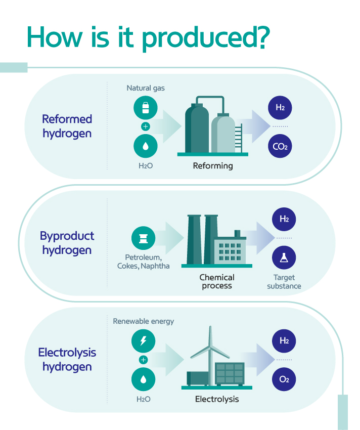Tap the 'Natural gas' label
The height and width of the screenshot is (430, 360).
click(x=146, y=88)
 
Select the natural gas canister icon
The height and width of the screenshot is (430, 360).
click(x=146, y=108)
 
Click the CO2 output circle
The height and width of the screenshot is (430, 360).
click(x=280, y=147)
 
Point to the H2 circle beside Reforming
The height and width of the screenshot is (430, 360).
click(x=280, y=108)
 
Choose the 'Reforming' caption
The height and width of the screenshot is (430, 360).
click(x=213, y=165)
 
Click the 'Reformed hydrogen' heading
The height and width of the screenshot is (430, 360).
click(x=67, y=126)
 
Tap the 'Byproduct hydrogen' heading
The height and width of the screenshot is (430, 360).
click(x=67, y=243)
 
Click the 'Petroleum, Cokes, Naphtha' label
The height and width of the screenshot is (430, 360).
click(x=144, y=261)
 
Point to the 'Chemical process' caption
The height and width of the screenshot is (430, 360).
click(x=217, y=281)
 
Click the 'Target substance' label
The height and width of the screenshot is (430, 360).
click(x=284, y=282)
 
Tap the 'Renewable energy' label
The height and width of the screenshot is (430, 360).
click(x=144, y=321)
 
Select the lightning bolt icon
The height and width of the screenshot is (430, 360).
click(x=144, y=340)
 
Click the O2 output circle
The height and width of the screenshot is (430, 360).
click(x=284, y=380)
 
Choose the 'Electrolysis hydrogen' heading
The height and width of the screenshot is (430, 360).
click(x=67, y=359)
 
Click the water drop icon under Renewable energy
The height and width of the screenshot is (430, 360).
click(x=144, y=379)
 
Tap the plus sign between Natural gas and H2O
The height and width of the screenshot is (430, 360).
click(x=146, y=127)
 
